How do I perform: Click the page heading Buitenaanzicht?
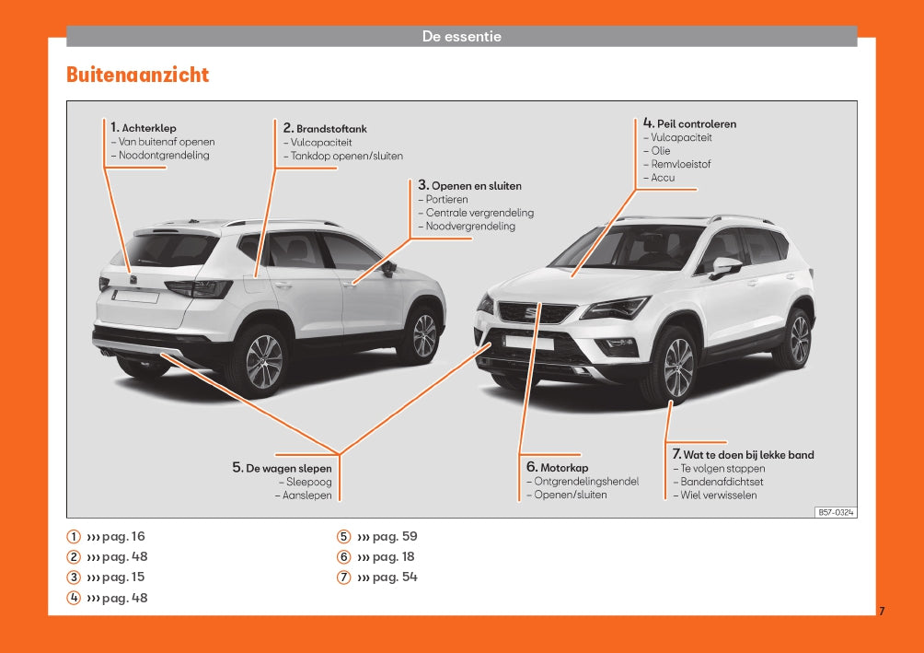pyautogui.click(x=137, y=75)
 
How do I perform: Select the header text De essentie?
pyautogui.click(x=461, y=37)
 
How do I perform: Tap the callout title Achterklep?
pyautogui.click(x=149, y=128)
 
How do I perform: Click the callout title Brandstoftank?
pyautogui.click(x=331, y=129)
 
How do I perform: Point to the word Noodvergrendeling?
pyautogui.click(x=470, y=227)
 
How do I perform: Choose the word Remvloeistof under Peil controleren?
pyautogui.click(x=681, y=164)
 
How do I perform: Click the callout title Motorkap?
pyautogui.click(x=564, y=468)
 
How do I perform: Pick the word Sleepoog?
pyautogui.click(x=309, y=482)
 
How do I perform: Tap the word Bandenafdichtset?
pyautogui.click(x=722, y=482)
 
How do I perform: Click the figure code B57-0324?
pyautogui.click(x=836, y=512)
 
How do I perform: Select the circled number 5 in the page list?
pyautogui.click(x=343, y=537)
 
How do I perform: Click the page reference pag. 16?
pyautogui.click(x=123, y=537)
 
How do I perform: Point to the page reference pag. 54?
pyautogui.click(x=395, y=577)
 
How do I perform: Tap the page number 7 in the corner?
pyautogui.click(x=882, y=612)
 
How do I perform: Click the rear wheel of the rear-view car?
pyautogui.click(x=263, y=361)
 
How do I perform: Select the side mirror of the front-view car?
pyautogui.click(x=725, y=267)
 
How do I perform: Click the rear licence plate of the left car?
pyautogui.click(x=135, y=296)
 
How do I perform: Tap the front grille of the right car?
pyautogui.click(x=537, y=312)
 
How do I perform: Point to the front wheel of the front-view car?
pyautogui.click(x=676, y=367)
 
